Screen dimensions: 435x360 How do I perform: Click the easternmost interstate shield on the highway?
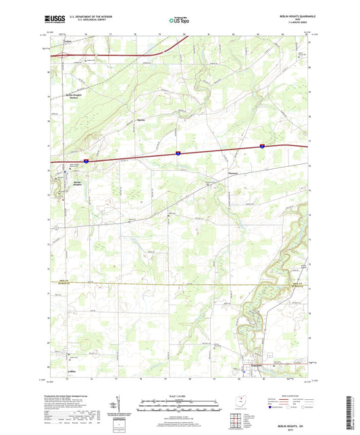coord(263,145)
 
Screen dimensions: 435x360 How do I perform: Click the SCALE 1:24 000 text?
coord(180,395)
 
